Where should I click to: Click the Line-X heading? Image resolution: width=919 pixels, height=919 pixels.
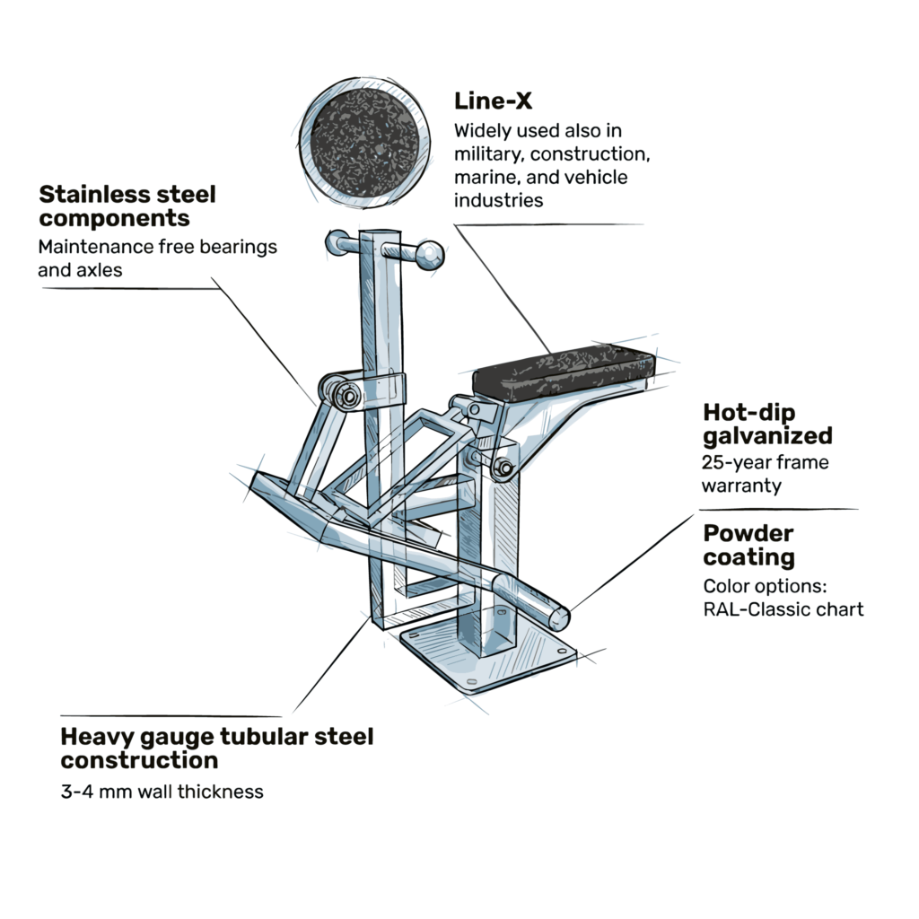point(493,101)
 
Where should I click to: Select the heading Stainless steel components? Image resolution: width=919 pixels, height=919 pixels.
point(127,206)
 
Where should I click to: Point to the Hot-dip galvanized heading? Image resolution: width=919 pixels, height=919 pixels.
point(767,424)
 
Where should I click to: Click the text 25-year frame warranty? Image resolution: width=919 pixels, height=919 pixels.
point(766,474)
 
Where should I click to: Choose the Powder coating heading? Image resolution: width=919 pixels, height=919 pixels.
point(748,545)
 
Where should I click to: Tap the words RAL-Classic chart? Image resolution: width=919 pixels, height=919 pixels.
point(783,610)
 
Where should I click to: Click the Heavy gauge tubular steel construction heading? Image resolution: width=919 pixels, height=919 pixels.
point(216,748)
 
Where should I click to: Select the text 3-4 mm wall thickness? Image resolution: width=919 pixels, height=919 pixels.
point(162,792)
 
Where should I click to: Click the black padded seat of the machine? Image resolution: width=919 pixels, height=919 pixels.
point(564,370)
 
